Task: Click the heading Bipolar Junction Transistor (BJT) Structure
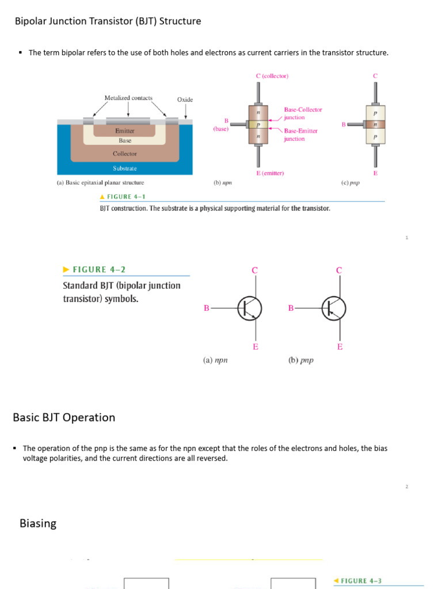108,21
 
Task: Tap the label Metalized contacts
128,98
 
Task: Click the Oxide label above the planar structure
185,100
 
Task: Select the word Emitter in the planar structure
125,131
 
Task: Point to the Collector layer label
125,154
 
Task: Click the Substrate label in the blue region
125,169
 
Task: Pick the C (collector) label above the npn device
272,76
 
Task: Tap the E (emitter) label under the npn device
270,173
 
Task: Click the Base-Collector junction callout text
303,113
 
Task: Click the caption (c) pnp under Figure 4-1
350,183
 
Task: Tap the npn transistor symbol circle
250,308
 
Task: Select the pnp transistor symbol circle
334,308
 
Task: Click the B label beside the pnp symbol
291,308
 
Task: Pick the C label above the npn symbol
254,270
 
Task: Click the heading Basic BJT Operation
64,418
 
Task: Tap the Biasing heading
38,523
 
